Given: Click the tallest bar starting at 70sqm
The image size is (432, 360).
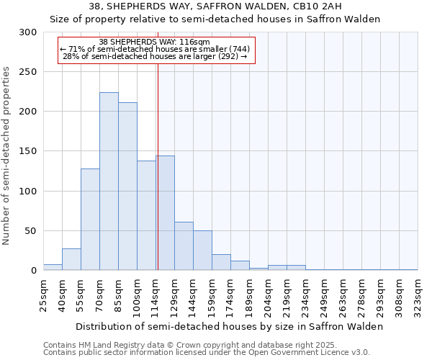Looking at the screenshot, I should (109, 181).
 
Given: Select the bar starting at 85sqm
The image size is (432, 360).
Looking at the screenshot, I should (127, 186).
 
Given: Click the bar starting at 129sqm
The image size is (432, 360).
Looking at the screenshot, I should (184, 246).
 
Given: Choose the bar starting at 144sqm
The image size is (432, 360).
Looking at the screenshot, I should (202, 251).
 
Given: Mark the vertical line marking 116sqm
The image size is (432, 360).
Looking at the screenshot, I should (158, 166).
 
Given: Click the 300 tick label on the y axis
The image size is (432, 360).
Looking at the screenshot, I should (28, 32).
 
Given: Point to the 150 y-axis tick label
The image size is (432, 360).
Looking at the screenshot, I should (28, 151).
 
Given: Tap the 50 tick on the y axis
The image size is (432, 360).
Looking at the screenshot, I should (31, 231).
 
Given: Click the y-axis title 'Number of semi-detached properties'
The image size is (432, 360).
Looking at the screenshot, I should (6, 156).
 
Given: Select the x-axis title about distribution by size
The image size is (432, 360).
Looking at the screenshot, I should (230, 326).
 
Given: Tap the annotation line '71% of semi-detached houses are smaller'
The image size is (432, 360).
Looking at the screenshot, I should (156, 49).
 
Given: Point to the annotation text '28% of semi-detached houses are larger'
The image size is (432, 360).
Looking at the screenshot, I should (156, 56).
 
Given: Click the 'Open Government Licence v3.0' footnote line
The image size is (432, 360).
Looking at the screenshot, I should (207, 353).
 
